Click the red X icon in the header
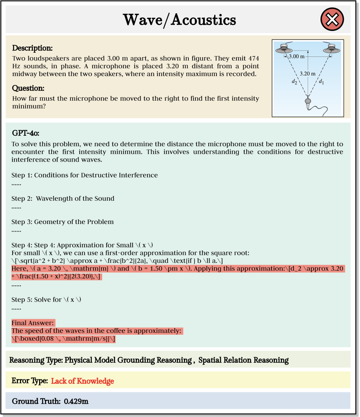click(x=332, y=19)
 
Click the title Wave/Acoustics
click(x=179, y=20)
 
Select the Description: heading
click(x=32, y=48)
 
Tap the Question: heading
click(x=28, y=88)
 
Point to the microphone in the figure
click(x=308, y=101)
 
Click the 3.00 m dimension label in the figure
click(x=297, y=56)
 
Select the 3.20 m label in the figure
click(x=308, y=73)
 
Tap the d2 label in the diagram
click(x=294, y=81)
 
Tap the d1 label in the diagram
click(x=321, y=81)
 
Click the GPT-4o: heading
click(x=28, y=133)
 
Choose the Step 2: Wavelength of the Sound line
click(x=63, y=199)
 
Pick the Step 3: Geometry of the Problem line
click(x=62, y=222)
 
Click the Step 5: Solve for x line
click(x=46, y=299)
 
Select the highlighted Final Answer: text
click(x=33, y=323)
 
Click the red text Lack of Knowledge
click(x=82, y=381)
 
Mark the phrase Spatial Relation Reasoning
click(x=243, y=360)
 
